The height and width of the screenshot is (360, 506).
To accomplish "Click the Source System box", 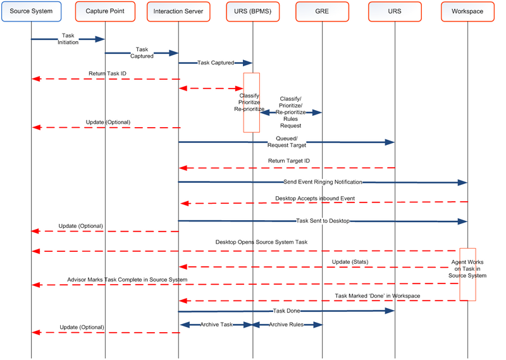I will coord(31,11).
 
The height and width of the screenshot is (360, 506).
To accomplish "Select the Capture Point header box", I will coord(105,11).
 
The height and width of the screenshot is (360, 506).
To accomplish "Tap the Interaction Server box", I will coord(178,11).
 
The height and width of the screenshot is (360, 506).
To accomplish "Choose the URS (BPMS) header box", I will coord(252,11).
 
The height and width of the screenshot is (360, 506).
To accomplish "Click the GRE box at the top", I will coord(322,11).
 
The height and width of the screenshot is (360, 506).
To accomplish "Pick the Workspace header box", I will coord(467,11).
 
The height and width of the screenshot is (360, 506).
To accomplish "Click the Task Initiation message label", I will coord(68,39).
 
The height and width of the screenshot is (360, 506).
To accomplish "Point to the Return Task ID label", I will coord(105,73).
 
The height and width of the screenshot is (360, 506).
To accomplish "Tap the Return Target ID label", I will coord(289,161).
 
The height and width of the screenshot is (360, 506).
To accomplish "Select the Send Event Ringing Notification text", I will coord(323,182).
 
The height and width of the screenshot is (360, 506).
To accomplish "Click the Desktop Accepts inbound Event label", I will coord(314,199).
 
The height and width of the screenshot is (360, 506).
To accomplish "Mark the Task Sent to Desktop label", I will coord(323,221).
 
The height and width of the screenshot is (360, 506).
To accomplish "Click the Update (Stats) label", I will coord(349,261).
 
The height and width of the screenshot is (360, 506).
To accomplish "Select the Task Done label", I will coord(286,311).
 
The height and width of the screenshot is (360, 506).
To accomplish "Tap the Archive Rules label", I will coord(287,325).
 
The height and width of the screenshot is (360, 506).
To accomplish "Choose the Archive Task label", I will coord(216,325).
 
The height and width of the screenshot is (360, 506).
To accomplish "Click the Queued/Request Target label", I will coord(290,142).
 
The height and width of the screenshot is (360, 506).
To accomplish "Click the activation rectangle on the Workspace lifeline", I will coord(467,274).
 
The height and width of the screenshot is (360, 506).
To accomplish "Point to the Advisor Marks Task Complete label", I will coord(127,279).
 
